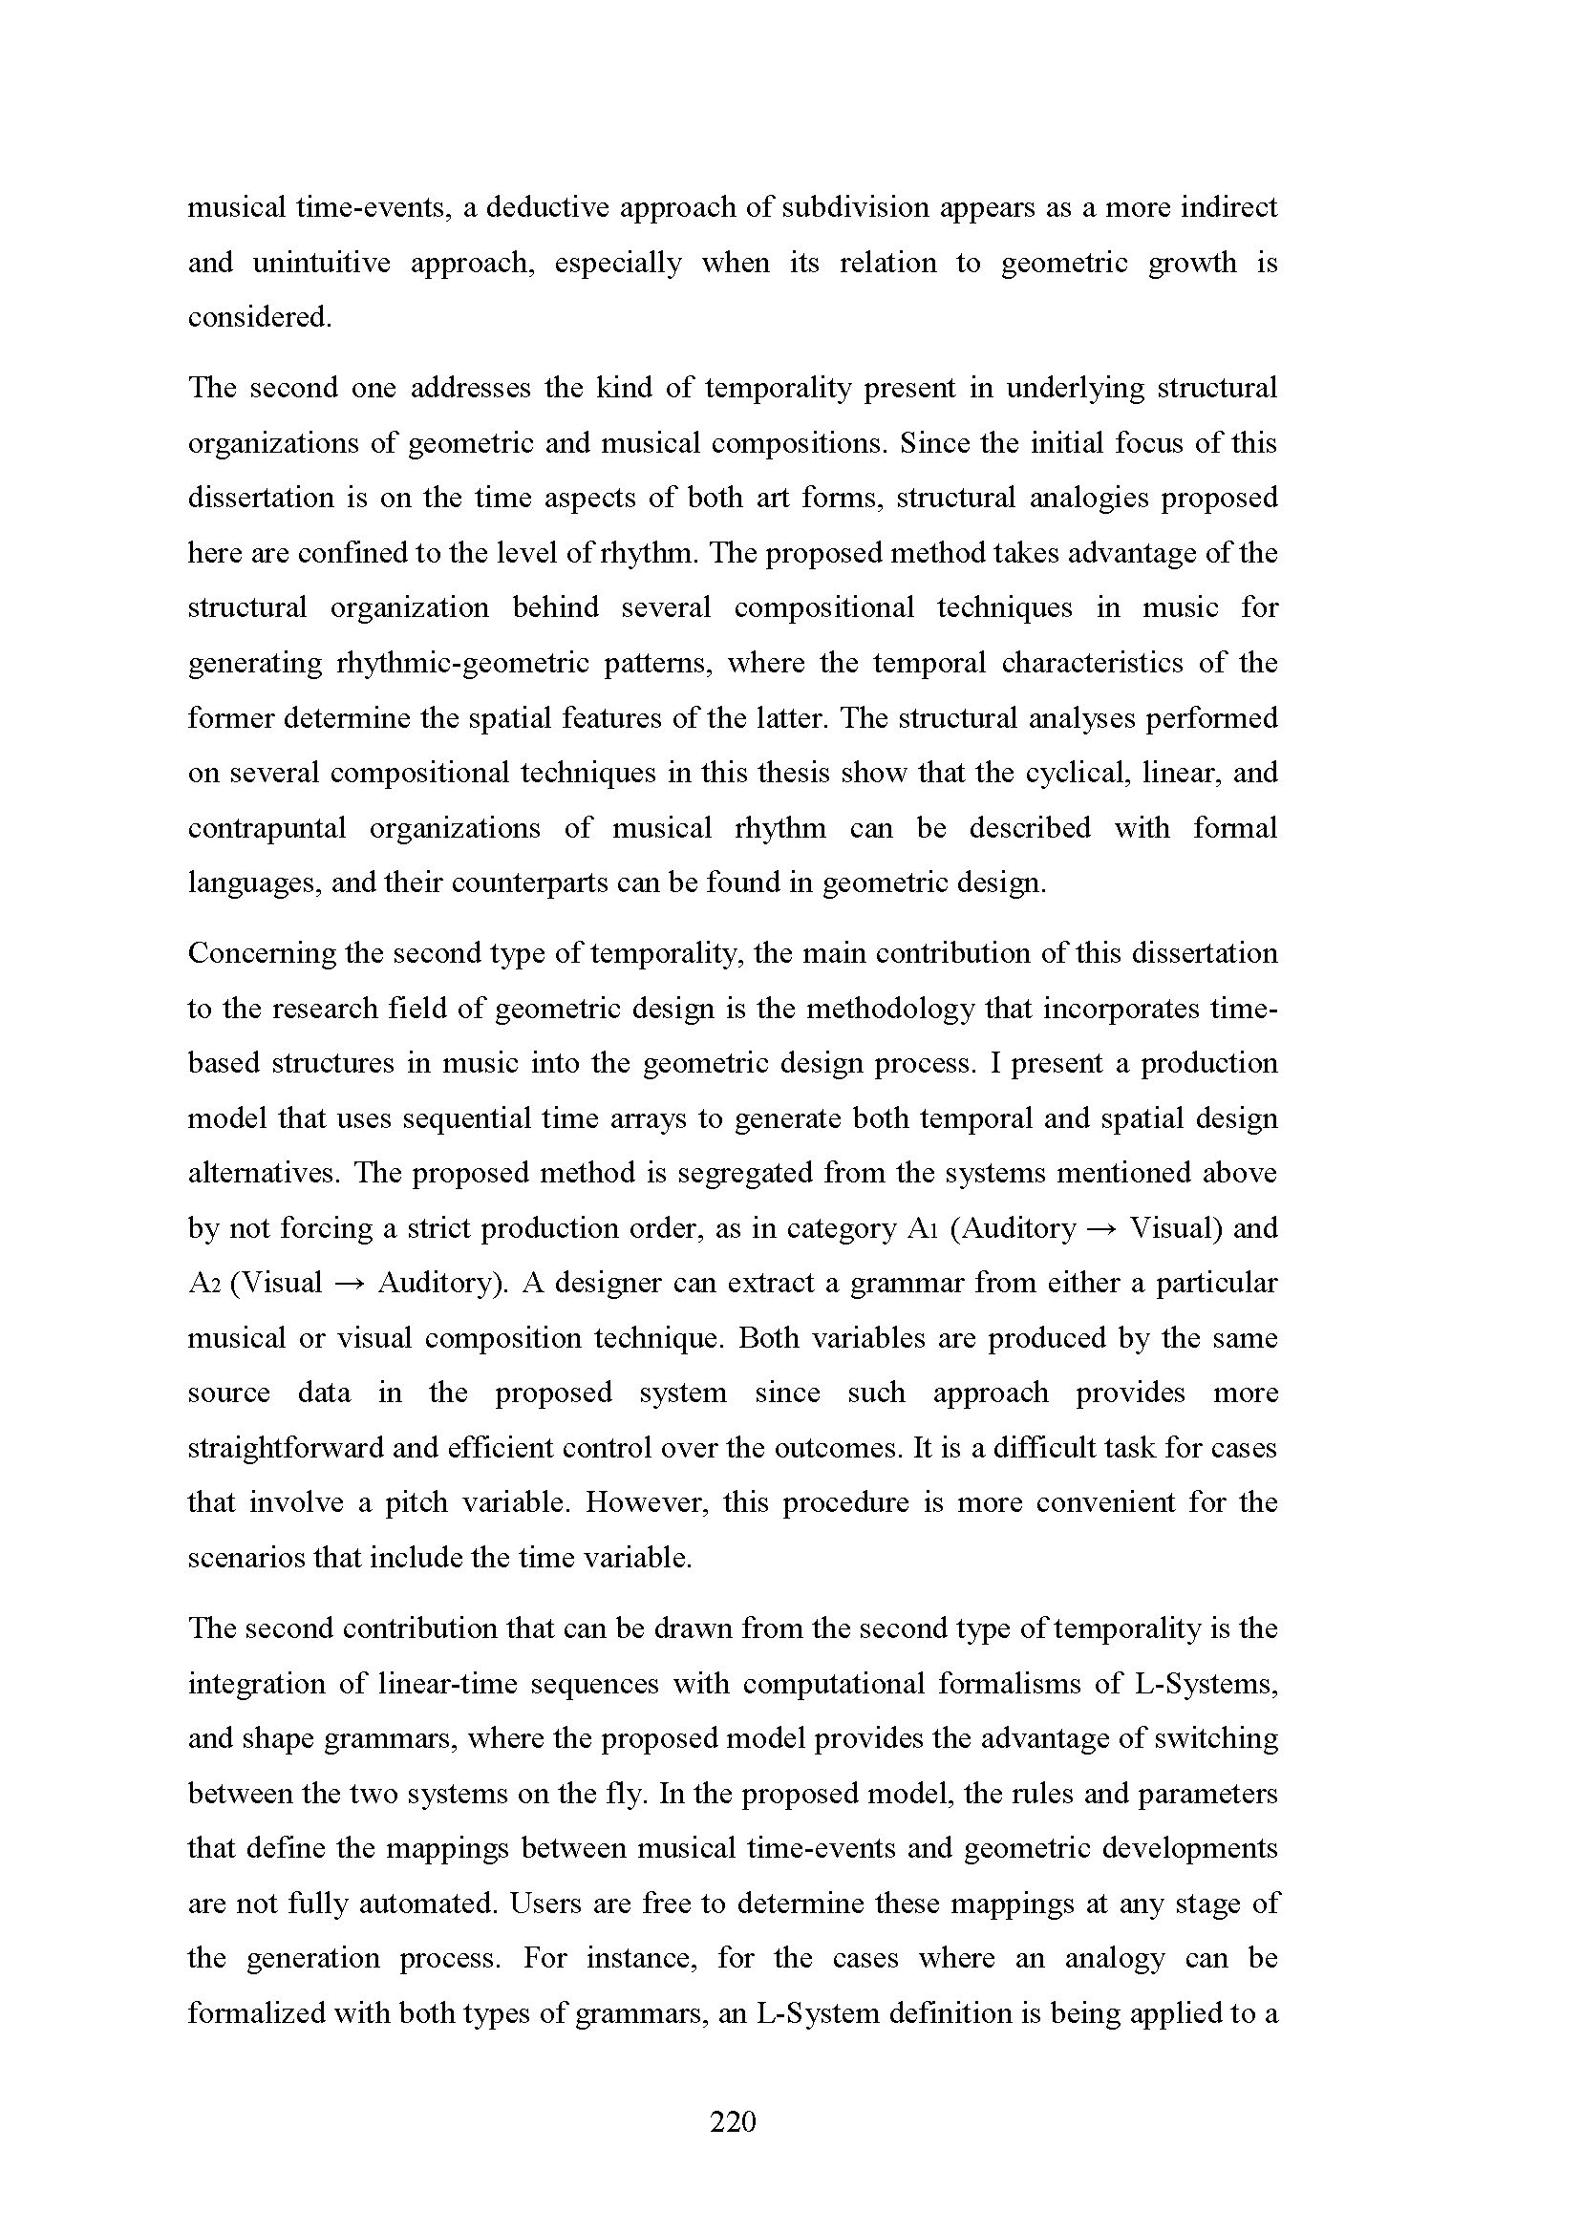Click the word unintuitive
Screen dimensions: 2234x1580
click(321, 263)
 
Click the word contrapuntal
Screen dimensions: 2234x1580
click(267, 828)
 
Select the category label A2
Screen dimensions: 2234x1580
click(206, 1284)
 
